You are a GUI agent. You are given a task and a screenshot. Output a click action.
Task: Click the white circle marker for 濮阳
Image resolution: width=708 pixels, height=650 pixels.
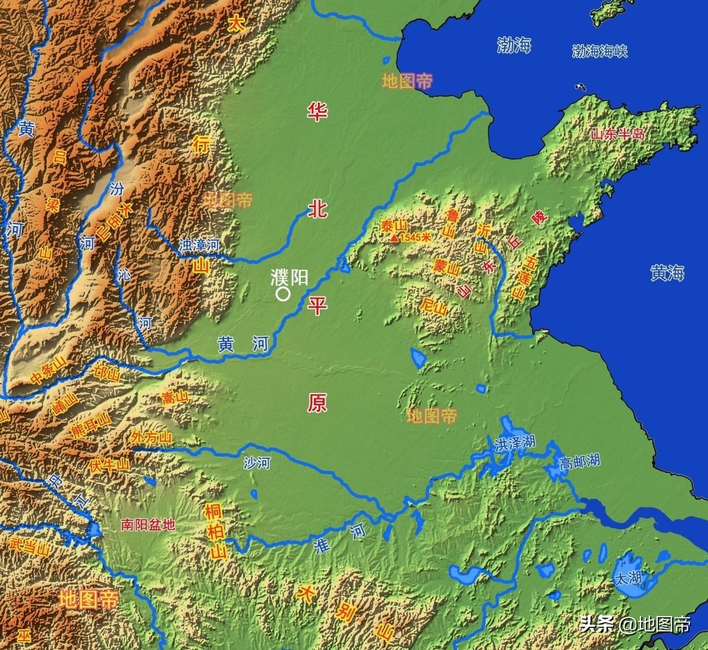[283, 294]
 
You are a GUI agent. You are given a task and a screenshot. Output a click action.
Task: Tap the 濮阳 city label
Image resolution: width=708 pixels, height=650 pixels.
[289, 277]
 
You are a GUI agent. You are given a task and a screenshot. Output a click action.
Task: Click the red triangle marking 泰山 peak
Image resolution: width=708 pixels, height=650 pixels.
[394, 239]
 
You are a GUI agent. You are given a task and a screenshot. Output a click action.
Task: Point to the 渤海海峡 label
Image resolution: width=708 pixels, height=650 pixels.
[600, 52]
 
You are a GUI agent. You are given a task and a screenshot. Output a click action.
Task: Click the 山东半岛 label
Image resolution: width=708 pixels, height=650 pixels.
[617, 134]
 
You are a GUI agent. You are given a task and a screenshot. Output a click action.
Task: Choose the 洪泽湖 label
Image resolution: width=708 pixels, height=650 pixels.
[514, 443]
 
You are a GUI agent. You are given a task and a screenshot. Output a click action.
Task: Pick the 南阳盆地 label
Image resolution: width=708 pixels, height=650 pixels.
[148, 525]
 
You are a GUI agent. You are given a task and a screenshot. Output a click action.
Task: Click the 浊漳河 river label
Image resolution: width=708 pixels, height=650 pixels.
[199, 245]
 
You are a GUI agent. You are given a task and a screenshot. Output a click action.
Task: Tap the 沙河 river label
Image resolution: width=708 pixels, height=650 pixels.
[257, 462]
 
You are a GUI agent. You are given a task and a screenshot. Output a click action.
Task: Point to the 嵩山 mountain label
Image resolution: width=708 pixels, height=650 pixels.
[174, 397]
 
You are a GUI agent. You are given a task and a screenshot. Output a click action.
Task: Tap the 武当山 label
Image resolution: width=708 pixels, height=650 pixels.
[26, 545]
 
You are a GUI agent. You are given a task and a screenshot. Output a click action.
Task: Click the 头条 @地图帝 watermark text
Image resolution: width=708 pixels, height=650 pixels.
[635, 624]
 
